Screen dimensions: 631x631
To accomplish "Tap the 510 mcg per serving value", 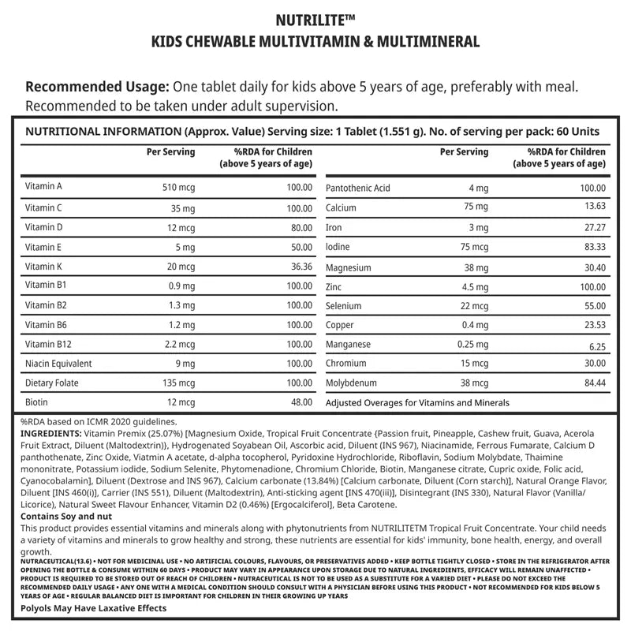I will (x=177, y=188).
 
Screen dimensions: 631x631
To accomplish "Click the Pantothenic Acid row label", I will (x=357, y=188).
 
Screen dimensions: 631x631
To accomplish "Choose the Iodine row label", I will (x=338, y=247).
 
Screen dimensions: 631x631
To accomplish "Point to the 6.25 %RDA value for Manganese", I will (x=594, y=345).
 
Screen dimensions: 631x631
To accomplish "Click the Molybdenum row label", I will (x=351, y=383).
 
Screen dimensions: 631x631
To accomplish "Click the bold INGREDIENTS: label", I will (x=50, y=435).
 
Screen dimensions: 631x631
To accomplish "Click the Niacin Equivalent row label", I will (x=58, y=364).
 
